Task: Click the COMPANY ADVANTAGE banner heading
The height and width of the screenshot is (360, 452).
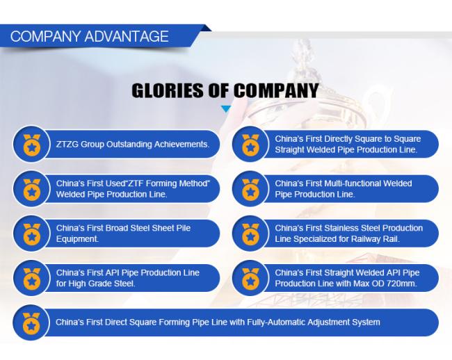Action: (90, 36)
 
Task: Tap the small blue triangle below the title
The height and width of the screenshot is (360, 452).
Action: (226, 109)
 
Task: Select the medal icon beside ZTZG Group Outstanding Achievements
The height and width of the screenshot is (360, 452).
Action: (32, 145)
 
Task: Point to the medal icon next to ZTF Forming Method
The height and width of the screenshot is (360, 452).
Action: (32, 189)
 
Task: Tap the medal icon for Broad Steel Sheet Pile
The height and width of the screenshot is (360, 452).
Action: (32, 234)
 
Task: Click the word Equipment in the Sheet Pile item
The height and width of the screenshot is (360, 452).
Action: (77, 239)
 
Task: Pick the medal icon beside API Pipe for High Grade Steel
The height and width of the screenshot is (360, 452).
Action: (32, 279)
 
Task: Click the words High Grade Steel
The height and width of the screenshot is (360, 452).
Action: (101, 284)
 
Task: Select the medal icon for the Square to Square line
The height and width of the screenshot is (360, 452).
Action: (251, 145)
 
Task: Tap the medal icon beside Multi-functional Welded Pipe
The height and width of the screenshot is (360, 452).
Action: (251, 189)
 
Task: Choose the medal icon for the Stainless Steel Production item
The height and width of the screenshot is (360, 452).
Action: (251, 234)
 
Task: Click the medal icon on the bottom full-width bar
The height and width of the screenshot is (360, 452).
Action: (31, 323)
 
